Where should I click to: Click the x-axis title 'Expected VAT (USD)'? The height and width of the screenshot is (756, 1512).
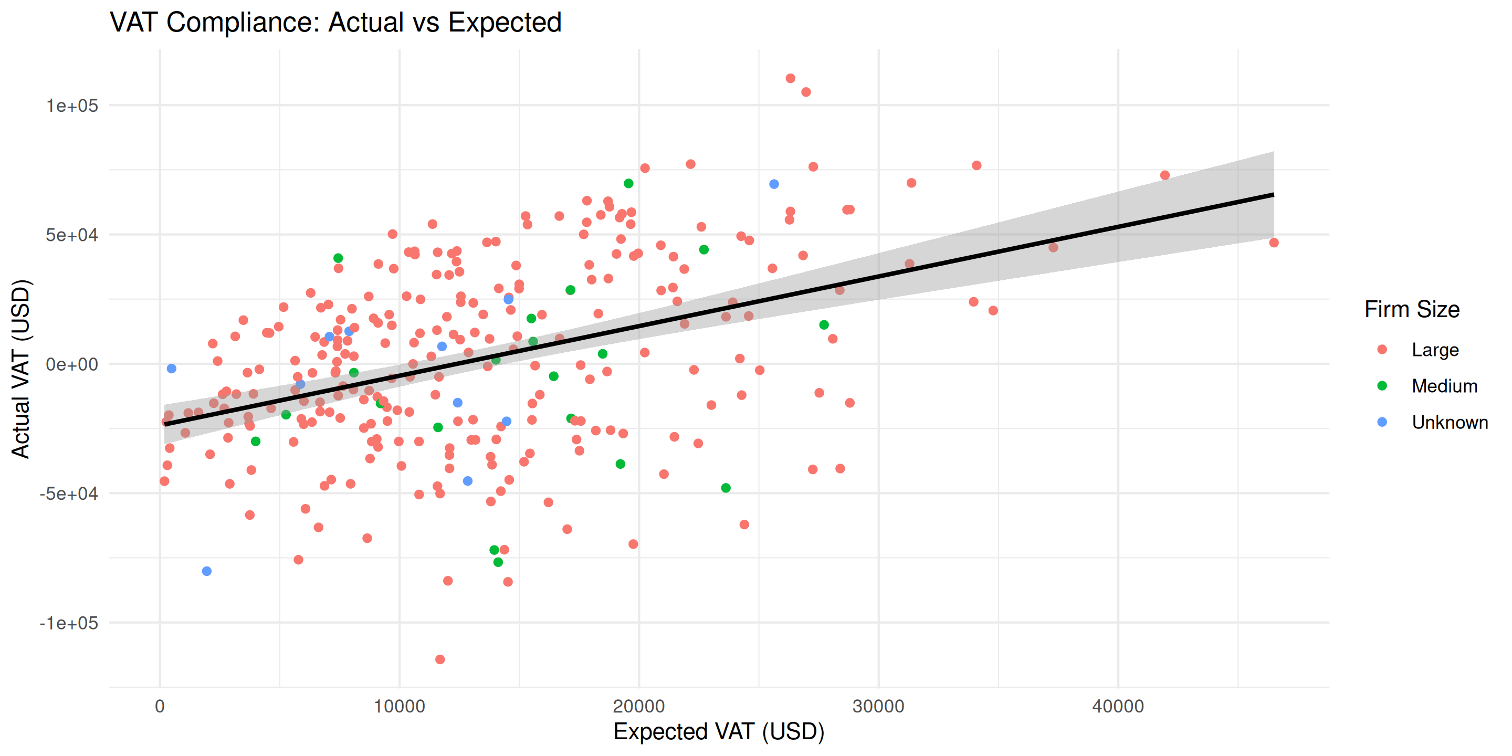[718, 732]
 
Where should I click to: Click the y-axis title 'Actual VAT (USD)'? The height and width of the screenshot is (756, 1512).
[21, 369]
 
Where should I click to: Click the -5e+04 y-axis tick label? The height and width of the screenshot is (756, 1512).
[69, 493]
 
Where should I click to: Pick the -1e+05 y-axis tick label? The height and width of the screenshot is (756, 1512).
[69, 623]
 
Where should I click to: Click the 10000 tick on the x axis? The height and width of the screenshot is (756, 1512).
[399, 706]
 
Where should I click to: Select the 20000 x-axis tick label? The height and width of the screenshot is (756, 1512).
[638, 706]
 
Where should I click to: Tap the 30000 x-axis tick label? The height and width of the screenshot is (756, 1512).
[878, 706]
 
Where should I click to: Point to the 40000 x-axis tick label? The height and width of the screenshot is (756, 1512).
[1118, 706]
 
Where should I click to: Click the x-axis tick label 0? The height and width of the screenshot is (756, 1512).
[160, 706]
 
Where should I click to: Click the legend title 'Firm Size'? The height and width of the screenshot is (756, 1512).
[1412, 309]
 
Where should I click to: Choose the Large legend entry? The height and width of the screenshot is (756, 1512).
[1434, 350]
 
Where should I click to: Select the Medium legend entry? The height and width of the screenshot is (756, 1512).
[1444, 386]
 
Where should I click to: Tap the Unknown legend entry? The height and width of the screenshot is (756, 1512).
[1449, 423]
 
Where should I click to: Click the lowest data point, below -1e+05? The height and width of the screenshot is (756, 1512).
[439, 659]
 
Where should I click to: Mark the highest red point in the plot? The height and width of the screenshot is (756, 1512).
[790, 79]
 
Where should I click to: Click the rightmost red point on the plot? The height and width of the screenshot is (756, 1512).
[1273, 243]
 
